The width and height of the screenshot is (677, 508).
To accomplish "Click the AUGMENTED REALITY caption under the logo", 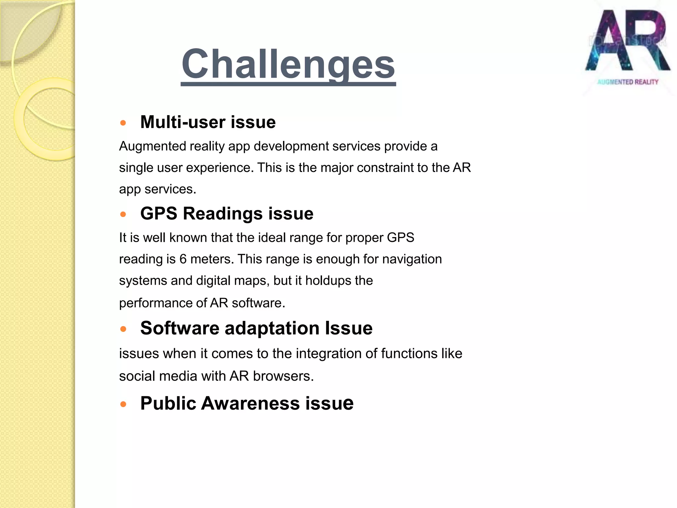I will (x=627, y=82).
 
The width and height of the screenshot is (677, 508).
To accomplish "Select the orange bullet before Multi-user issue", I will (x=123, y=123).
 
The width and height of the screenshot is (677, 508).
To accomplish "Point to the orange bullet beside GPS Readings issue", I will (x=123, y=214).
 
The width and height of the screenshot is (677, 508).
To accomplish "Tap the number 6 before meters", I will (x=183, y=259).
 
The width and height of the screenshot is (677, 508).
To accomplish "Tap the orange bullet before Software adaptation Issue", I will (x=123, y=329).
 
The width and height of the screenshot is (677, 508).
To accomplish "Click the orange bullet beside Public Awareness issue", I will (x=123, y=404).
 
